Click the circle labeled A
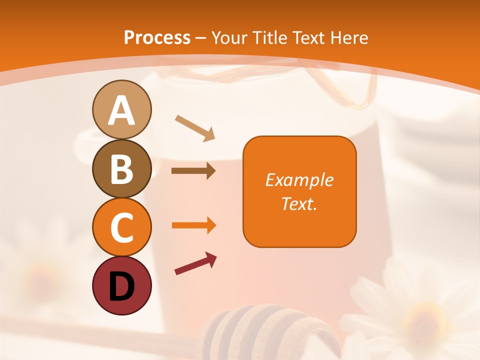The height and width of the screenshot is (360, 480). point(121,109)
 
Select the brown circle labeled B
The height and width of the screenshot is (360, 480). point(121,168)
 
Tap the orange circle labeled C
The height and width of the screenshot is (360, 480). point(121,227)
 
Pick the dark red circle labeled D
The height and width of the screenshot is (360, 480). point(121,285)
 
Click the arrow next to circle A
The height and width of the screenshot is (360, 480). point(195,128)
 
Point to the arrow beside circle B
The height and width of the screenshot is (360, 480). point(193,171)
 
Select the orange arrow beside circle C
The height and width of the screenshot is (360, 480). point(193,225)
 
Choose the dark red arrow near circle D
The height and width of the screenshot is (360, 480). point(195,263)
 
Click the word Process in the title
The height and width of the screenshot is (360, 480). point(157,38)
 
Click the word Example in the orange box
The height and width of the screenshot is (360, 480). point(299,180)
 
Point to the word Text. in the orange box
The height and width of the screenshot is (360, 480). point(299,203)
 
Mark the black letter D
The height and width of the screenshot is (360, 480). point(121,286)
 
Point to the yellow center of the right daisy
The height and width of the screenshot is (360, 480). point(423,320)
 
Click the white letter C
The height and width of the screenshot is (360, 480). point(121,228)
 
